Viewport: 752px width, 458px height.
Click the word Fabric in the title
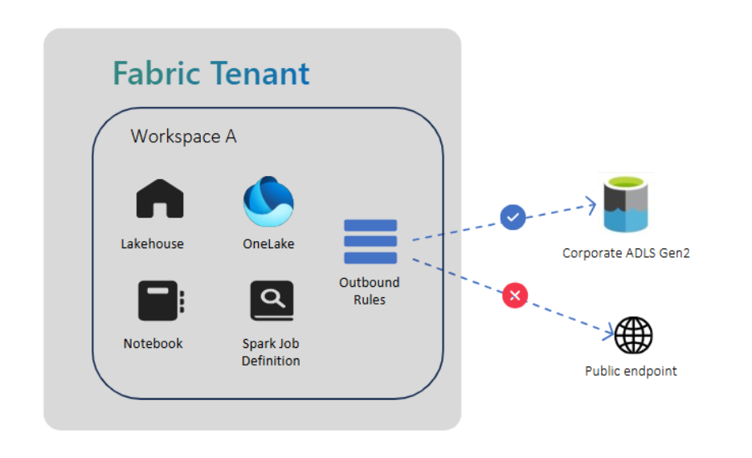coord(157,74)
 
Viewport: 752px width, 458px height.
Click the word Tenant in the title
coord(261,74)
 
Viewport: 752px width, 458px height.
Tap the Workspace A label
coord(183,137)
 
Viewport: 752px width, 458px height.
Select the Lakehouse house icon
coord(160,199)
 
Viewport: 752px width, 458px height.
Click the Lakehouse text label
coord(152,243)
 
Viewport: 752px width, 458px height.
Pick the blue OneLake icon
coord(268,202)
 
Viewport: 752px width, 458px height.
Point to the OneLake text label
coord(268,243)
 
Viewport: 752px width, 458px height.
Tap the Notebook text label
coord(153,343)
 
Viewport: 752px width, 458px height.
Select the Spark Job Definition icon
coord(272,301)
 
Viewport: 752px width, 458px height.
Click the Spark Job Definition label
coord(271,352)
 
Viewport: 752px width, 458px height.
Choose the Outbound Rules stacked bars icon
coord(370,242)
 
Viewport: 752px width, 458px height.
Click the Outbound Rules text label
coord(370,291)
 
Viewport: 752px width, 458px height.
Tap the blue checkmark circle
coord(513,217)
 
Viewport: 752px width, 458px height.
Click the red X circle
coord(514,296)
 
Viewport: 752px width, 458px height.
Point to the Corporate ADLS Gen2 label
coord(626,253)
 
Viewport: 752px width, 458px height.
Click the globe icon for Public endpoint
coord(633,335)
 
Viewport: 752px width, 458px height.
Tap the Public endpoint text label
coord(631,371)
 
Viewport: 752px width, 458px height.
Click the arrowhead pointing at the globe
coord(610,331)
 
